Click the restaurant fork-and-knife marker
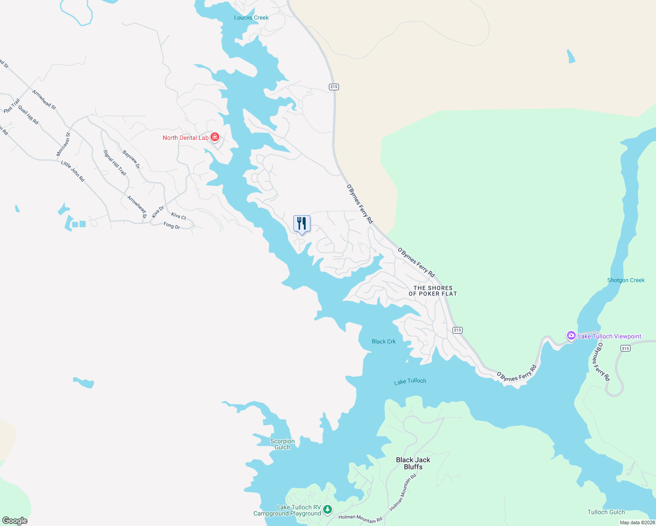click(302, 224)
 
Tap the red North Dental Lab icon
click(215, 138)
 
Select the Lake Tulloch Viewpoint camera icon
click(571, 336)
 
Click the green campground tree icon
click(328, 509)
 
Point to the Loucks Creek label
click(251, 18)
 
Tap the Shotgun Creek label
click(626, 280)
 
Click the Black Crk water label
click(384, 341)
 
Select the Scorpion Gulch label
click(282, 444)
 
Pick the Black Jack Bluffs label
click(413, 463)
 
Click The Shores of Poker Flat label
click(433, 291)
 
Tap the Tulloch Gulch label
click(606, 512)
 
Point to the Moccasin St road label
click(63, 144)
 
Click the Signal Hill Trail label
click(115, 163)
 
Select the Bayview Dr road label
click(131, 160)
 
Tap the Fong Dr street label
click(171, 226)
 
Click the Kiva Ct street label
click(178, 216)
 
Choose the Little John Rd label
click(73, 171)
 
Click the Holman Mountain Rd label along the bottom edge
click(360, 519)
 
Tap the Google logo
click(15, 521)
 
